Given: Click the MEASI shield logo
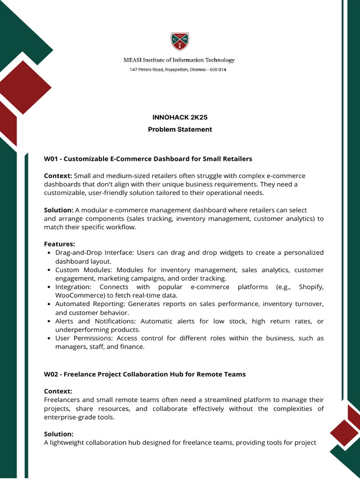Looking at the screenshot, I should click(x=180, y=42).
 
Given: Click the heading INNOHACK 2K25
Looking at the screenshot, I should click(x=180, y=117).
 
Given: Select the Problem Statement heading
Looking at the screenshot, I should click(x=180, y=129).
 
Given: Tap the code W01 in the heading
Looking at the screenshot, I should click(x=51, y=159).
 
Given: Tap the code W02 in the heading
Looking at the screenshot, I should click(x=51, y=374).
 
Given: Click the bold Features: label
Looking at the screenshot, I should click(x=60, y=244).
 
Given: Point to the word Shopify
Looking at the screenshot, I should click(x=311, y=287).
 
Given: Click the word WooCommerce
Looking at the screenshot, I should click(x=75, y=295).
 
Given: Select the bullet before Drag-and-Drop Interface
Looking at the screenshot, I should click(x=49, y=253).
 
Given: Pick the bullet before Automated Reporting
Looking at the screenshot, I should click(x=49, y=304).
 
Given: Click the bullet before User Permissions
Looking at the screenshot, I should click(x=49, y=338).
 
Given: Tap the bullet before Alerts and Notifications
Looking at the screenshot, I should click(x=49, y=322).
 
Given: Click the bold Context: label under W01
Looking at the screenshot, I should click(x=58, y=176).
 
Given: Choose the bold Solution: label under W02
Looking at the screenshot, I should click(x=59, y=434).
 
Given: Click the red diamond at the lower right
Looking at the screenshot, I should click(x=344, y=432).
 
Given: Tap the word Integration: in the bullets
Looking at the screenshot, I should click(x=72, y=287).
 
